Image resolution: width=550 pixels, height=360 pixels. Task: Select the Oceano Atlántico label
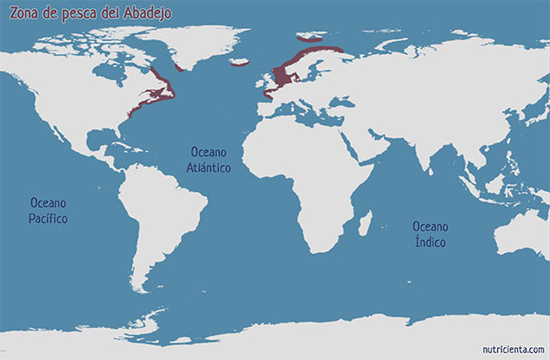tap(210, 160)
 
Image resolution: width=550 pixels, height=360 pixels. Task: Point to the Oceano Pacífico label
tap(49, 210)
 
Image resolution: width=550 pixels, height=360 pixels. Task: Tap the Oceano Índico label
tap(430, 234)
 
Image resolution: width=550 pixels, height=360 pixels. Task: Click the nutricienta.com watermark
tap(514, 348)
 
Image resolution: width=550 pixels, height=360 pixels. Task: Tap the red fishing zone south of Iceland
tap(242, 63)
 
